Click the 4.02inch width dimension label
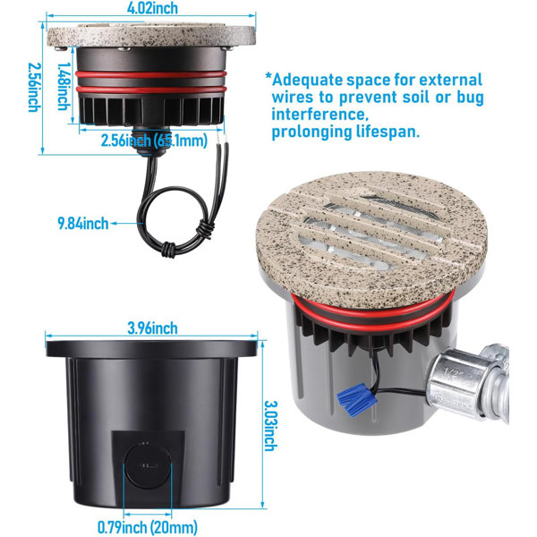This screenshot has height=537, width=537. click(x=152, y=7)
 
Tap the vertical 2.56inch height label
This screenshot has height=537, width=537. click(x=34, y=88)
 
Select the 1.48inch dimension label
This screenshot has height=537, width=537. click(x=64, y=86)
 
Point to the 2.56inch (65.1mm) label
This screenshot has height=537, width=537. click(x=154, y=141)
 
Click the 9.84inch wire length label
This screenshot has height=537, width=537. click(x=83, y=223)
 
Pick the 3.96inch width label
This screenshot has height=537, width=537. click(x=153, y=328)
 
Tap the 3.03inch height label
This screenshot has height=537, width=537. click(x=271, y=426)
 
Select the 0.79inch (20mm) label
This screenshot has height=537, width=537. click(x=148, y=527)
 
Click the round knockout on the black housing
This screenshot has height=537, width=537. click(x=148, y=465)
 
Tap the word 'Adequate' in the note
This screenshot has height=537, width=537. click(x=307, y=81)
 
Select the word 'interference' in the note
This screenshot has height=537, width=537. click(x=320, y=114)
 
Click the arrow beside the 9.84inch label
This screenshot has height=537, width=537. click(x=127, y=223)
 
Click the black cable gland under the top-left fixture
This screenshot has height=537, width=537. click(x=150, y=141)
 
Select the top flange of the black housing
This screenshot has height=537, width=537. click(x=151, y=349)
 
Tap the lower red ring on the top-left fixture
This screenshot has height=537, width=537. click(x=151, y=89)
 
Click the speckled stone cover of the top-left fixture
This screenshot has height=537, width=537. click(x=151, y=35)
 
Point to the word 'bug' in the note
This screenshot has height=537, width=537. click(x=470, y=98)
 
